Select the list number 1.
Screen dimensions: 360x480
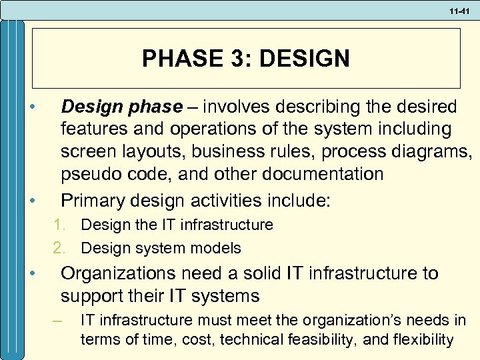pyautogui.click(x=59, y=225)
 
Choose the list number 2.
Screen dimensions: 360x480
pyautogui.click(x=59, y=249)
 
